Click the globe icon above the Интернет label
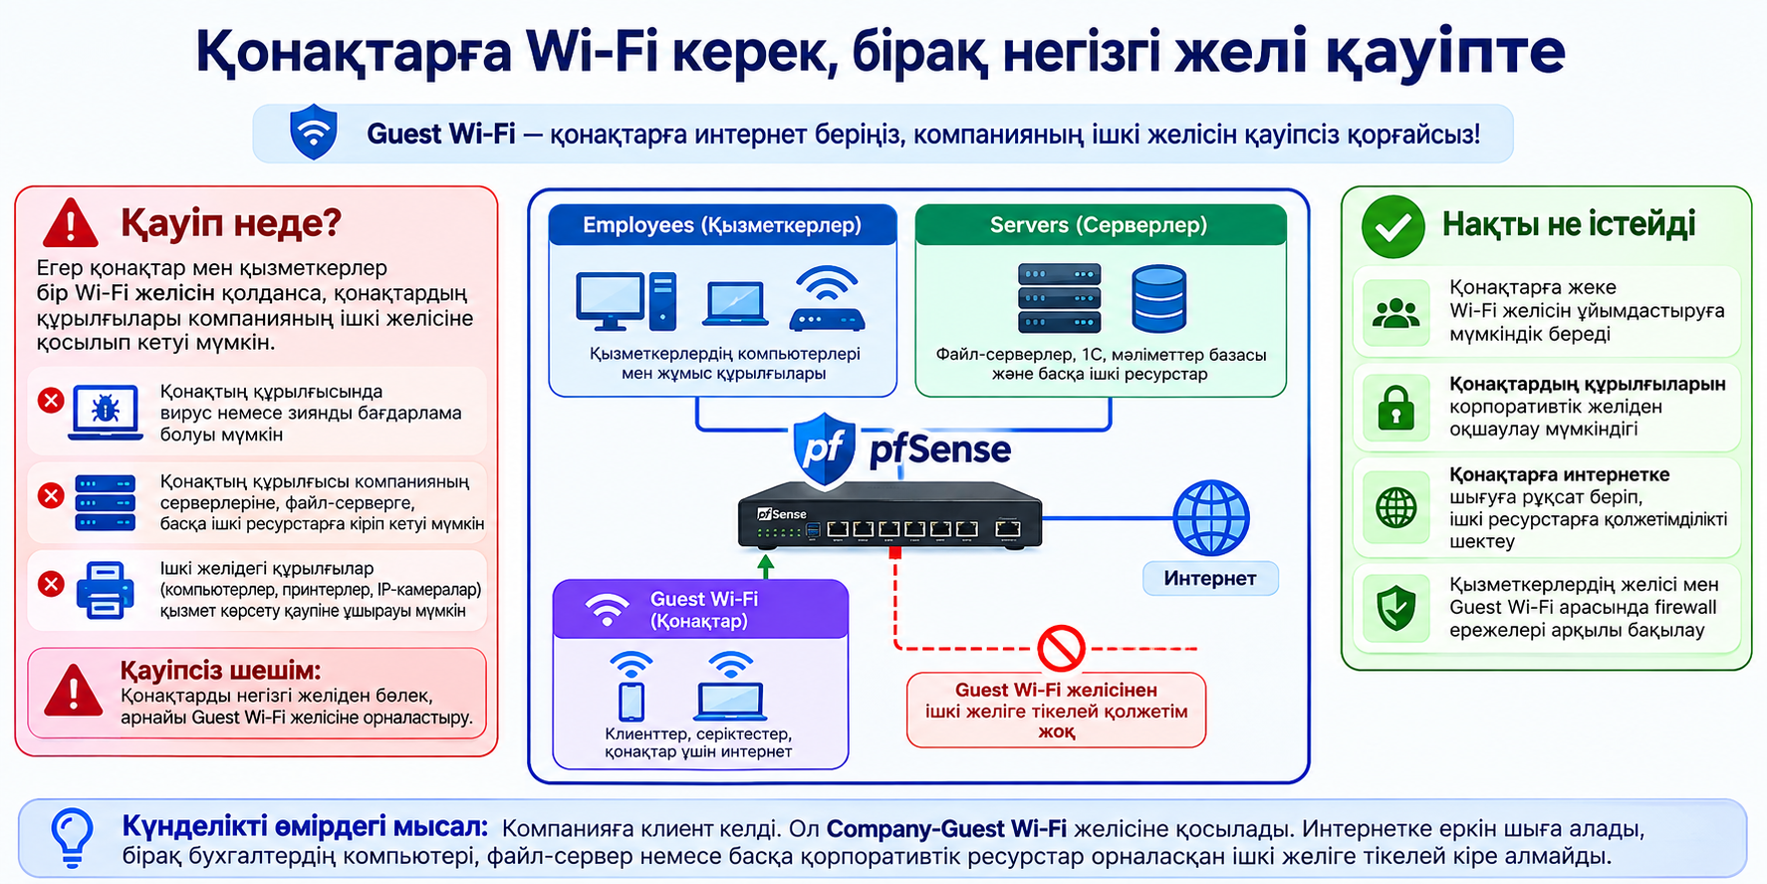tap(1210, 517)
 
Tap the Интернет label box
tap(1209, 578)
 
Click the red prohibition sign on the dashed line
tap(1061, 649)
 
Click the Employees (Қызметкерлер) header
tap(722, 225)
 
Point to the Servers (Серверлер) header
tap(1099, 225)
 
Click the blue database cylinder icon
tap(1158, 298)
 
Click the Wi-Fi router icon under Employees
tap(827, 298)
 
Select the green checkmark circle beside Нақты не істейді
tap(1392, 226)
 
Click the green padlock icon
tap(1395, 408)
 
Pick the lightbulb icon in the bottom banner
tap(72, 837)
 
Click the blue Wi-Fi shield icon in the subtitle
tap(314, 132)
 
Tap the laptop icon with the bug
tap(106, 413)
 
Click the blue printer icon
tap(105, 590)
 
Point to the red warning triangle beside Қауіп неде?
tap(70, 223)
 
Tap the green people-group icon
tap(1395, 314)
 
